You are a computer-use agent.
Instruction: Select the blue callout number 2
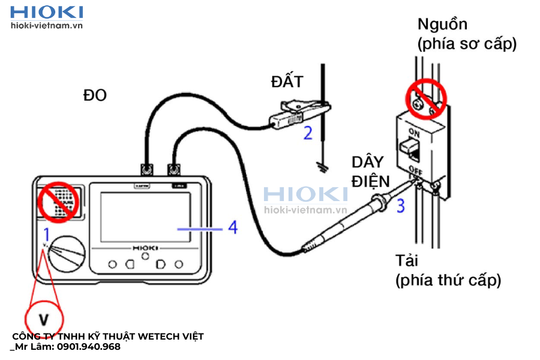[x=308, y=133]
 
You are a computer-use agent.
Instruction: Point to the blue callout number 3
[x=400, y=205]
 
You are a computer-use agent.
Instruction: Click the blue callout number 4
[x=232, y=227]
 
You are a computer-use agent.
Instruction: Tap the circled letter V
[x=44, y=319]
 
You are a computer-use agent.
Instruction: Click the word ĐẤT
[x=287, y=82]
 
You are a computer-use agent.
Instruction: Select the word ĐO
[x=95, y=95]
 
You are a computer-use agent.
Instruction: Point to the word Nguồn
[x=442, y=25]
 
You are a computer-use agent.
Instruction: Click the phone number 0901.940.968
[x=87, y=347]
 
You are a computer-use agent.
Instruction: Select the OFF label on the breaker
[x=414, y=169]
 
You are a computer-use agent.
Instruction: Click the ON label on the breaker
[x=414, y=131]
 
